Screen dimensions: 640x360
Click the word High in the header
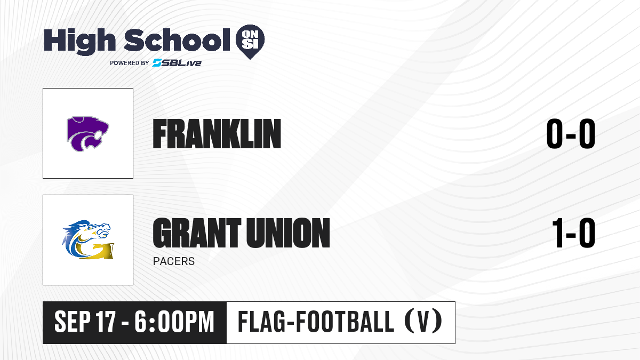(x=80, y=41)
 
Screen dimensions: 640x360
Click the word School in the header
(x=177, y=41)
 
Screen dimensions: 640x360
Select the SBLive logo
(x=177, y=63)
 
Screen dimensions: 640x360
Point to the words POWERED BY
(x=130, y=63)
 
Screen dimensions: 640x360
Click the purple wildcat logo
(x=87, y=133)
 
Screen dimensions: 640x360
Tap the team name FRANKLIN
(x=217, y=134)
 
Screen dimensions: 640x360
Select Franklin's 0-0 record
(x=571, y=134)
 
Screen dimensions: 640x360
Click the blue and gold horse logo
(x=88, y=239)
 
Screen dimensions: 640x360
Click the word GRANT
(x=197, y=233)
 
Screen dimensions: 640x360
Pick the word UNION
(x=288, y=233)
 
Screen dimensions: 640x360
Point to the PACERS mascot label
(x=174, y=261)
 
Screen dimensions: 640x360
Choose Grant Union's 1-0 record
(x=574, y=233)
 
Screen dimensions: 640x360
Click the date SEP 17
(x=85, y=322)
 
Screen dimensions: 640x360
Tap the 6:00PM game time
(x=174, y=322)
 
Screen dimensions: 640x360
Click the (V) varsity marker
(x=423, y=321)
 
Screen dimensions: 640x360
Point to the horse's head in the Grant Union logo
(x=97, y=230)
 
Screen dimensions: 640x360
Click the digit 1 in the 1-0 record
(x=558, y=233)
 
